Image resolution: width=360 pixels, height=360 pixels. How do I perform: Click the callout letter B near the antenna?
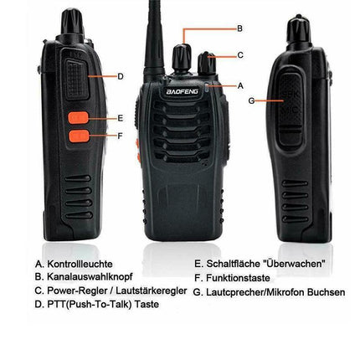[x=240, y=28]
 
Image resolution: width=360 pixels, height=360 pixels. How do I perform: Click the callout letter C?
[x=240, y=55]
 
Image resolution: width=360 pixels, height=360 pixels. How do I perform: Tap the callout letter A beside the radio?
[x=241, y=85]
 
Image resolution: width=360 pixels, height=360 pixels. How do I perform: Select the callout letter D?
[x=121, y=76]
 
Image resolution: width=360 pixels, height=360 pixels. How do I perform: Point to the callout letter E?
[x=121, y=118]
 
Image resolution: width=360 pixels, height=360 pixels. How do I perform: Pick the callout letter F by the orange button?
[x=121, y=135]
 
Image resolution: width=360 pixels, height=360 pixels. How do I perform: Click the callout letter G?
[x=252, y=100]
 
